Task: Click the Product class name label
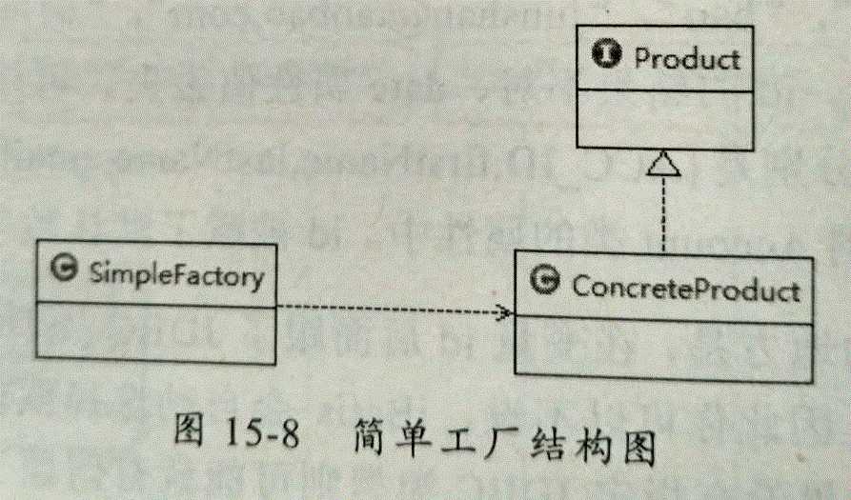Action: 686,58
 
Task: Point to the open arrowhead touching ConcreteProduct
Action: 503,312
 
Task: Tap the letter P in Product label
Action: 642,58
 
